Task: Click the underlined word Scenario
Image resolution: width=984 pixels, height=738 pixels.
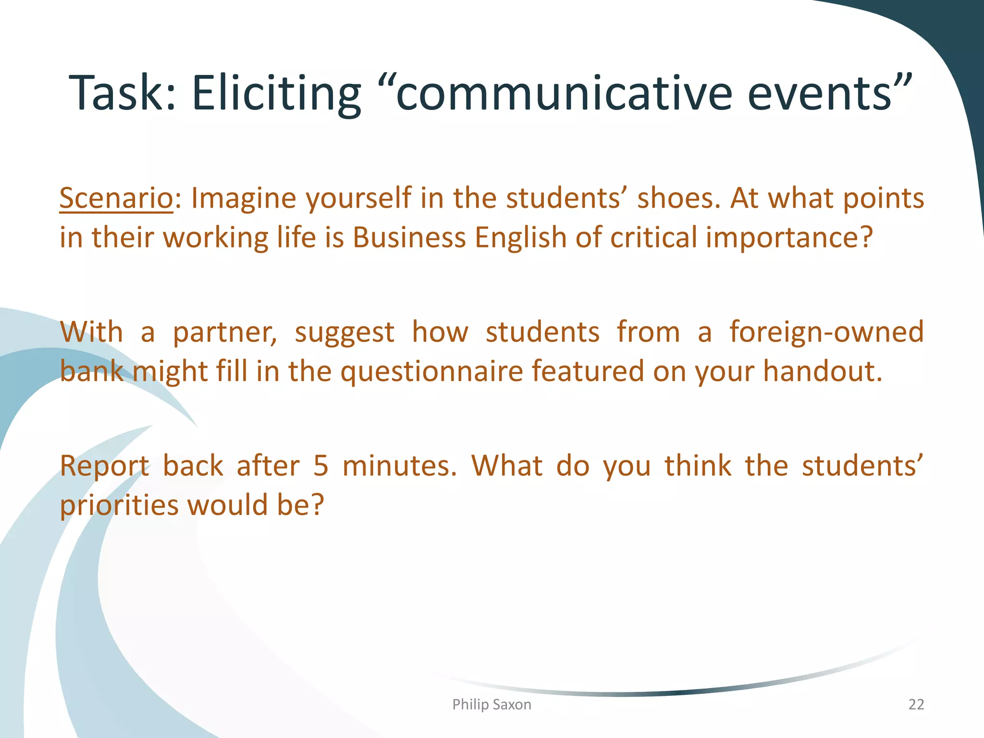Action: pyautogui.click(x=116, y=198)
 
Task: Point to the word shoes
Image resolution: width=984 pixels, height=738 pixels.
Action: pyautogui.click(x=678, y=198)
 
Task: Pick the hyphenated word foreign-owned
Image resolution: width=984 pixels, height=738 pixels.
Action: pyautogui.click(x=826, y=332)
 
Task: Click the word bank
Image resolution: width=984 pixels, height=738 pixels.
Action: pyautogui.click(x=92, y=371)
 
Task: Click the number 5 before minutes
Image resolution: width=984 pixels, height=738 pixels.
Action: pyautogui.click(x=320, y=466)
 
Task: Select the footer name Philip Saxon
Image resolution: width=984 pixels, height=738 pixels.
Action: pyautogui.click(x=492, y=704)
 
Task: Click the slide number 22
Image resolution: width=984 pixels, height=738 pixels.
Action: pyautogui.click(x=916, y=704)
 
